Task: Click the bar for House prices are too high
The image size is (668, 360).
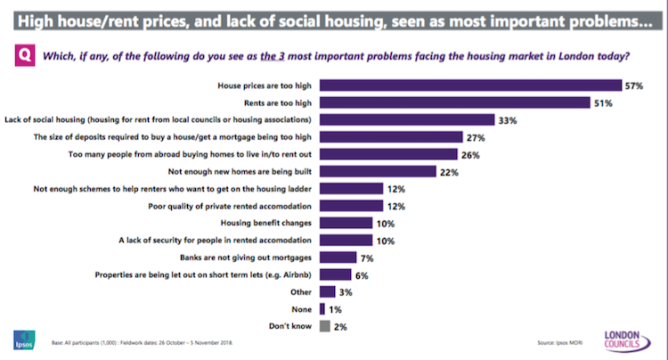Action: coord(469,86)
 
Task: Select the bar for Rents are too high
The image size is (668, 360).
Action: coord(452,103)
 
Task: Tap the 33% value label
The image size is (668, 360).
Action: coord(534,119)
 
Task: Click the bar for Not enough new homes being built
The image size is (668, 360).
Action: coord(377,171)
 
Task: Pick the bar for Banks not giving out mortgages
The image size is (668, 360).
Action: coord(337,257)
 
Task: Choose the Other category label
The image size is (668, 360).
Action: coord(302,291)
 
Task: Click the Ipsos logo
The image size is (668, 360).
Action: coord(22,341)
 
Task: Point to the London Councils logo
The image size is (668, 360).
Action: coord(629,340)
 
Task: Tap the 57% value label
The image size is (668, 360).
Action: coord(633,86)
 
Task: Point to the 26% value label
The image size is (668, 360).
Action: coord(471,154)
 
